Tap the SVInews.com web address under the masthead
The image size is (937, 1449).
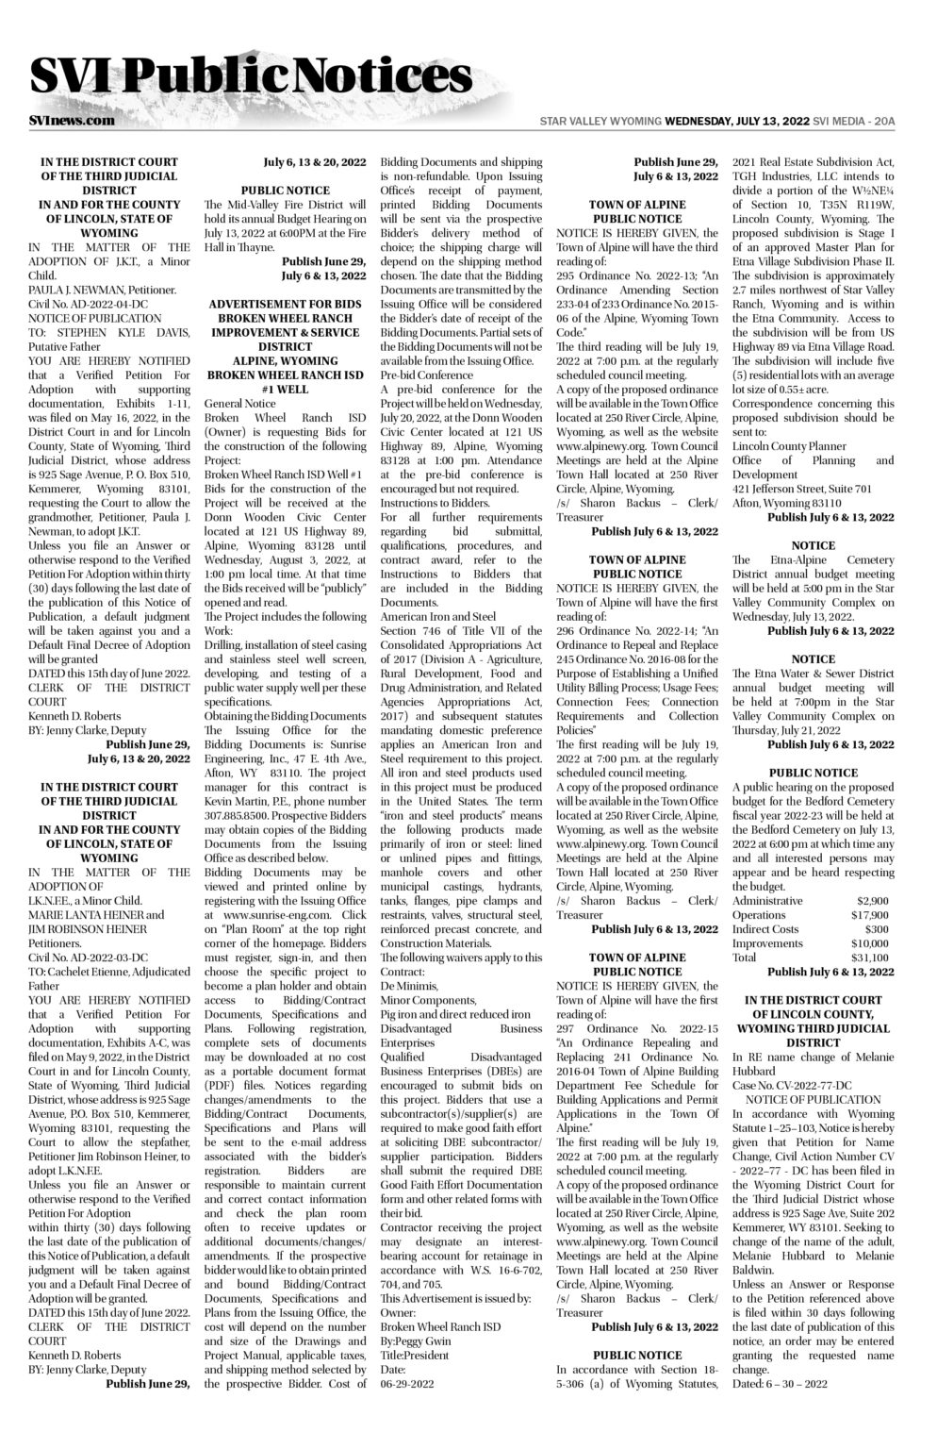(72, 121)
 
